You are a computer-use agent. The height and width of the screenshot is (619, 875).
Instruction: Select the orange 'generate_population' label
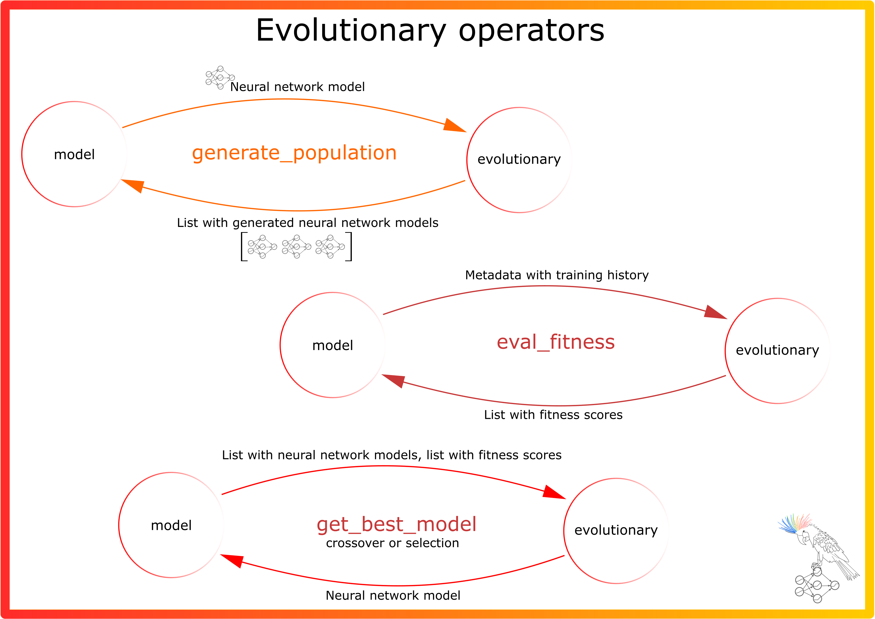tap(294, 153)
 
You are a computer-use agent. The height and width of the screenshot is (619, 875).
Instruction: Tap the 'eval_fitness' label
tap(555, 342)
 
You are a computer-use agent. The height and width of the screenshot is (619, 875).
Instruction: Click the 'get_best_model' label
tap(396, 524)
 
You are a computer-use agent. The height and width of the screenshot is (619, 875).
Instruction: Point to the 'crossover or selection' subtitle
tap(392, 543)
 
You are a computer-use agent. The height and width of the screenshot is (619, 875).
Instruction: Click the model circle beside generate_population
tap(74, 154)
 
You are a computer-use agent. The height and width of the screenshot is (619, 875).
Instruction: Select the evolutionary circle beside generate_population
tap(519, 160)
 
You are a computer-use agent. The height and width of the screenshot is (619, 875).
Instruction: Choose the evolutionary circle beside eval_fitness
tap(777, 351)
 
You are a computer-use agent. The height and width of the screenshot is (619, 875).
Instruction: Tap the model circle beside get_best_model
tap(171, 525)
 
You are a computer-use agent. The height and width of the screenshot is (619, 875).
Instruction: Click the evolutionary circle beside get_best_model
tap(616, 531)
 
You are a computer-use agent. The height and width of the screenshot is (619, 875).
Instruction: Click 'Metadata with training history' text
tap(557, 275)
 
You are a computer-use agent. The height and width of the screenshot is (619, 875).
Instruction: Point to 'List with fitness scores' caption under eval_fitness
tap(553, 415)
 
